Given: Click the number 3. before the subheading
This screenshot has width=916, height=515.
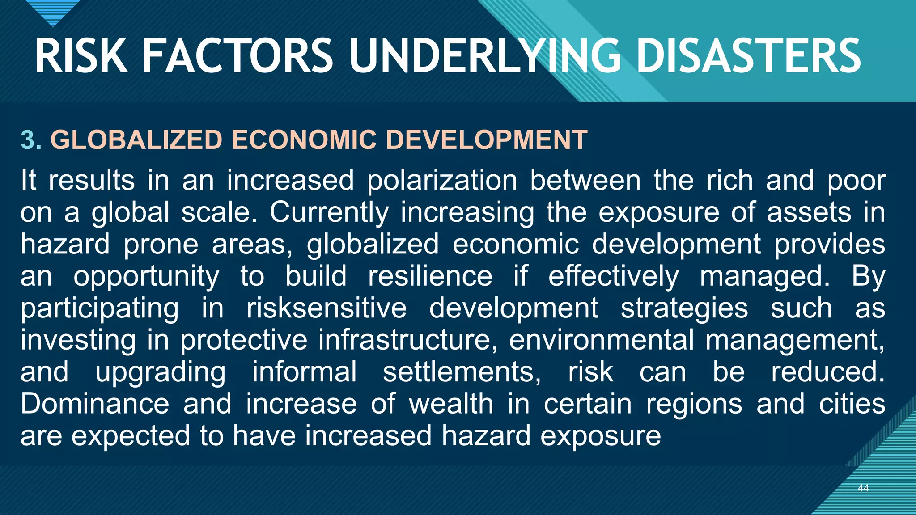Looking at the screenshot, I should [x=31, y=140].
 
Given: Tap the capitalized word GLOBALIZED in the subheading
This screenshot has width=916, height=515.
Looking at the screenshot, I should [x=136, y=140].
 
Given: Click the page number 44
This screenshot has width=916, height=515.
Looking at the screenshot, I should [x=863, y=488].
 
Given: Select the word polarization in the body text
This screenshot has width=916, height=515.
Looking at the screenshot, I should [x=442, y=181].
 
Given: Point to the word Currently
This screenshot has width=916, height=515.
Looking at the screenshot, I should [x=329, y=212].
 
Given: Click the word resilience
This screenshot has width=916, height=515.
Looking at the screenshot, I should [x=430, y=276].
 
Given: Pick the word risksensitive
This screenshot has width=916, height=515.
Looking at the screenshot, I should [x=327, y=308].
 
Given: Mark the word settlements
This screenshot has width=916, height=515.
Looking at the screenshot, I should [x=462, y=372].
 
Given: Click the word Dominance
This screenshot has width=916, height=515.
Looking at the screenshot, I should [x=95, y=404].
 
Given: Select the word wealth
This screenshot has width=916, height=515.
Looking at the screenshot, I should [x=451, y=404].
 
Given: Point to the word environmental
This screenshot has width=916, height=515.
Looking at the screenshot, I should [x=601, y=340].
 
